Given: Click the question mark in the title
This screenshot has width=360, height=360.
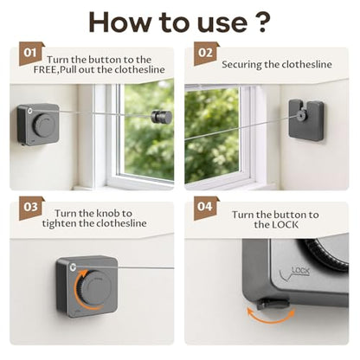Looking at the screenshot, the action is click(x=262, y=22).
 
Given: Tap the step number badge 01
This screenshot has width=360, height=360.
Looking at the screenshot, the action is click(x=31, y=54).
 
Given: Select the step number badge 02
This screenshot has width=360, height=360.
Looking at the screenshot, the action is click(x=206, y=54).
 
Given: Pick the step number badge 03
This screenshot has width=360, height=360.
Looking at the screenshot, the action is click(x=31, y=208).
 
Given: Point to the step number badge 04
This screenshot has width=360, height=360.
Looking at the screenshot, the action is click(x=206, y=208).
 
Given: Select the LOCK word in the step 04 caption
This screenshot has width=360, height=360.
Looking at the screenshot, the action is click(x=285, y=225).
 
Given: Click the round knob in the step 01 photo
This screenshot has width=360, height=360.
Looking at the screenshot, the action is click(x=44, y=125).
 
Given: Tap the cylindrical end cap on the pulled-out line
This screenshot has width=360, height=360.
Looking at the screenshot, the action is click(x=162, y=117).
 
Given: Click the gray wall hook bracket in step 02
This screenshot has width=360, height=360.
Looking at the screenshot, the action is click(x=306, y=120).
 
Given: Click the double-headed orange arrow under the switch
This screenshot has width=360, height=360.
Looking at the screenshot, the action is click(x=271, y=318).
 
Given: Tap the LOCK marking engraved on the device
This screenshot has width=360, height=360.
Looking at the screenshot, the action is click(x=300, y=271).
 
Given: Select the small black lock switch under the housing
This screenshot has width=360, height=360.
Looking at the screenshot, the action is click(x=273, y=304).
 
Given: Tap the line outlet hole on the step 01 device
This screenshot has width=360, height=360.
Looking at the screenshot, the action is click(x=30, y=111).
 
